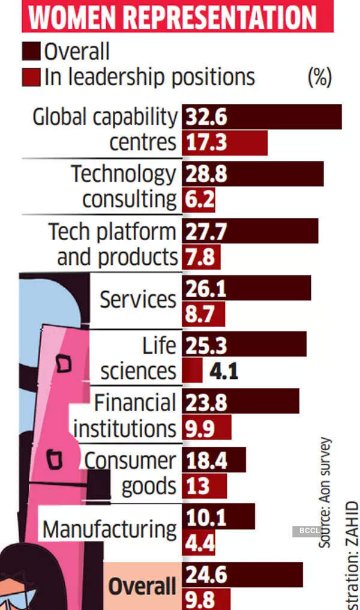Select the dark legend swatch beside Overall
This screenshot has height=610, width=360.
pos(31,52)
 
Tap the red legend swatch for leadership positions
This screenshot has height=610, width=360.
pos(31,77)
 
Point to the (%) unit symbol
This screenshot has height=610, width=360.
pos(319,77)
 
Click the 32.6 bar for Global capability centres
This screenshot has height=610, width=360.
pos(262,116)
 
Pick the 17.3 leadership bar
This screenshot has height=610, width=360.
pos(224,143)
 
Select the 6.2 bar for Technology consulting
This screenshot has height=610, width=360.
pos(198,199)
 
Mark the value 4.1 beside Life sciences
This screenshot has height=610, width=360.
pos(224,371)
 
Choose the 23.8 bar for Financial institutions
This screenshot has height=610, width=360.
pos(240,401)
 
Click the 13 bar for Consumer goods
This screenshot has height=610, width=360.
pos(204,486)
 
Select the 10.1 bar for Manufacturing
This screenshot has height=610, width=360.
pos(218,516)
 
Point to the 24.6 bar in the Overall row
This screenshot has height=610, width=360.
pos(242,575)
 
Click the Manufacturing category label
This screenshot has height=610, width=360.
pos(110,530)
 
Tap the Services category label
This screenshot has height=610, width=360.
pos(137,299)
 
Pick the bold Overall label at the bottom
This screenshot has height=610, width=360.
pos(142,586)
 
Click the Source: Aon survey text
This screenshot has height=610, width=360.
pos(325,492)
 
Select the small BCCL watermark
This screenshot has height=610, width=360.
pos(305,531)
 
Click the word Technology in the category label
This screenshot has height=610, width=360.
pos(124,174)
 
